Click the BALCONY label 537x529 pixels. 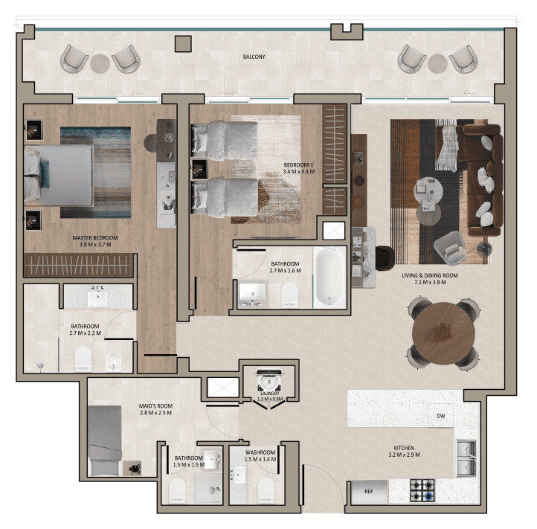click(x=254, y=57)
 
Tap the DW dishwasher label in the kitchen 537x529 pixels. click(x=441, y=416)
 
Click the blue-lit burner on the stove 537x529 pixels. click(x=429, y=496)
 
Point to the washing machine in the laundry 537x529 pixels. click(x=269, y=381)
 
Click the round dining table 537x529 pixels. click(x=443, y=333)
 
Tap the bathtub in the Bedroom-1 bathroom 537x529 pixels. click(x=329, y=278)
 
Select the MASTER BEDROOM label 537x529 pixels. click(x=95, y=238)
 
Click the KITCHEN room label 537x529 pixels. click(x=404, y=448)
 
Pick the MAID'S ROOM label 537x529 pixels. click(x=155, y=406)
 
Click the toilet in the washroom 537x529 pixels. click(x=266, y=491)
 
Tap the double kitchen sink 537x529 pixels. click(x=466, y=458)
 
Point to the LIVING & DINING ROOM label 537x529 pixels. click(x=430, y=275)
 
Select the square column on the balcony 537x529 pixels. click(x=183, y=44)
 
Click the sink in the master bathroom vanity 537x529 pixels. click(x=97, y=298)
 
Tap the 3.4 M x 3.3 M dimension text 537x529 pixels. click(x=299, y=172)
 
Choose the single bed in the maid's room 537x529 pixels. click(x=104, y=441)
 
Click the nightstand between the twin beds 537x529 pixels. click(x=199, y=169)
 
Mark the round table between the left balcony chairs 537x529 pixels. click(x=100, y=64)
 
